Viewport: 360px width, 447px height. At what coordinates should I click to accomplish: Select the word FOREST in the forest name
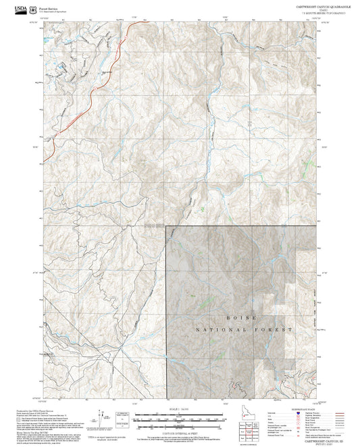pos(276,328)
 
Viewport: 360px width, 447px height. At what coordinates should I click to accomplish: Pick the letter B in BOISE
pos(230,315)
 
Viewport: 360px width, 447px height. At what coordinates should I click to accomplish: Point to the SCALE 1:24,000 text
pos(179,410)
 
